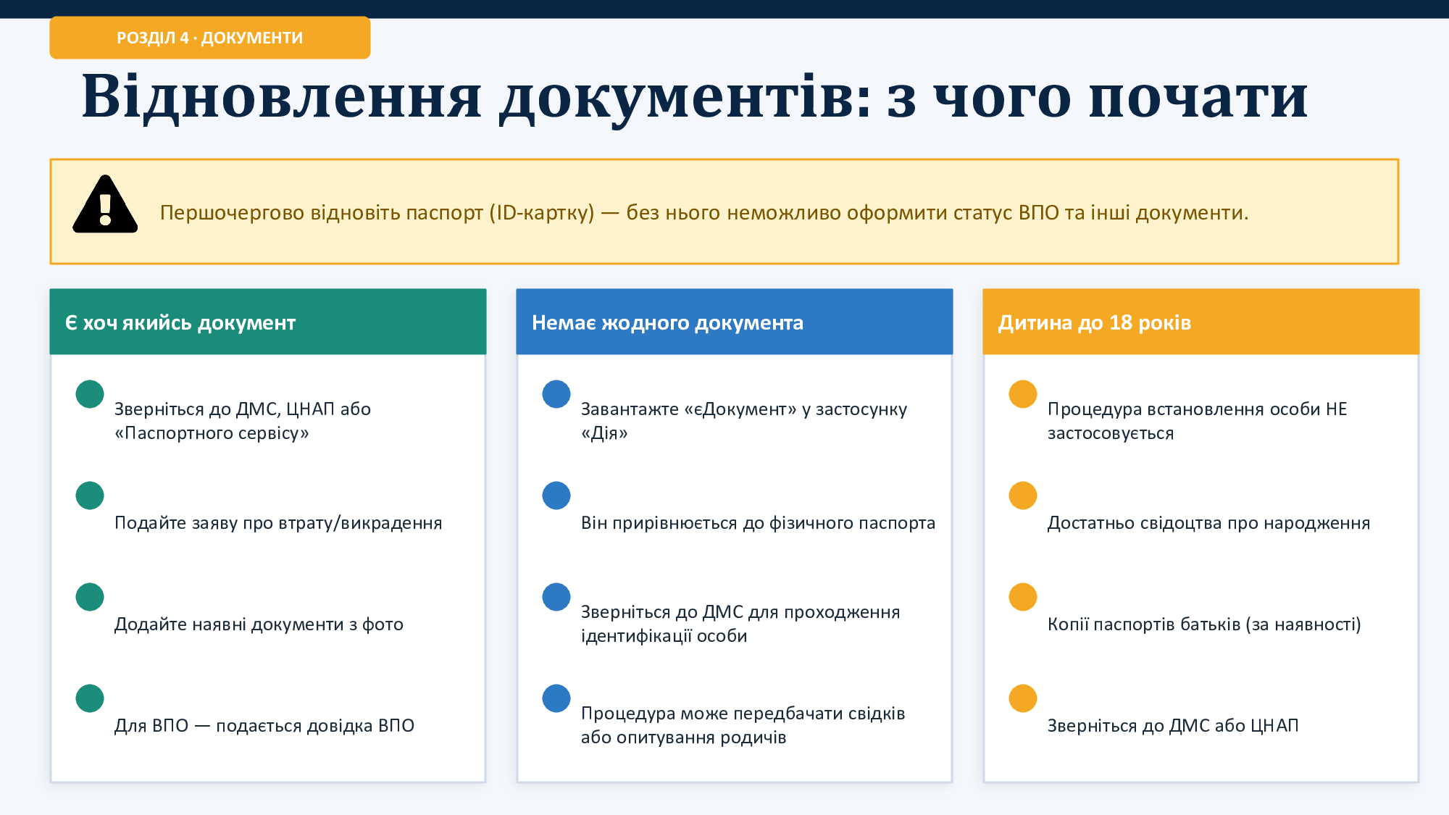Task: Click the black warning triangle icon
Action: tap(105, 204)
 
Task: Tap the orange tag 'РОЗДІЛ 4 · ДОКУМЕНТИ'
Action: tap(210, 38)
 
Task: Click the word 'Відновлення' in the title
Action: tap(282, 96)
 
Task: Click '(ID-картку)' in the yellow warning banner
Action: tap(542, 213)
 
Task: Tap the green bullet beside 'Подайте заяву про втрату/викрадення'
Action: tap(90, 496)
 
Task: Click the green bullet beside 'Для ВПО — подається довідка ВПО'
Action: tap(90, 698)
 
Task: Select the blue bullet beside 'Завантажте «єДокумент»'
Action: tap(556, 394)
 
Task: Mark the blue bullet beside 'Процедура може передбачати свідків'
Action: tap(556, 698)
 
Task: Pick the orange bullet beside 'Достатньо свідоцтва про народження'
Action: tap(1023, 496)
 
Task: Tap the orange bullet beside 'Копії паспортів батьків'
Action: tap(1023, 597)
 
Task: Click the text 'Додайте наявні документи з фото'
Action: tap(259, 624)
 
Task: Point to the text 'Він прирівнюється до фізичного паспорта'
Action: tap(758, 523)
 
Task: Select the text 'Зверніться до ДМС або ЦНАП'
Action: tap(1173, 726)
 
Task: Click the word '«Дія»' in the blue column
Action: tap(604, 433)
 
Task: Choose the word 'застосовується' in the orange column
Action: tap(1111, 433)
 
